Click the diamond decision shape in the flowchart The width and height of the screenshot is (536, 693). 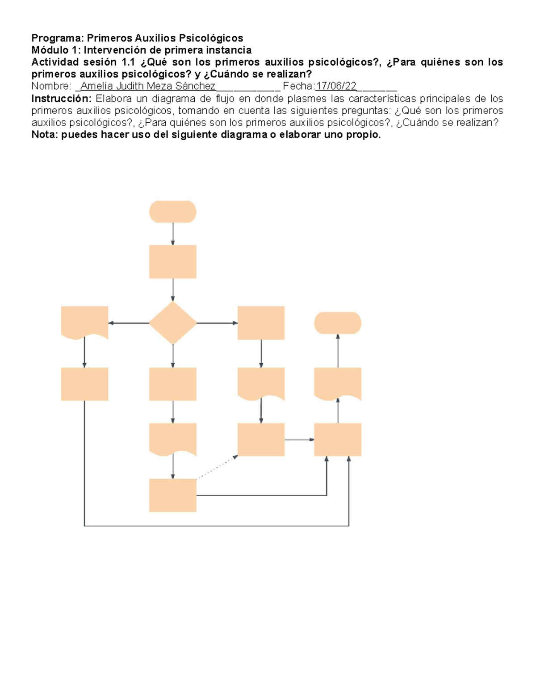173,323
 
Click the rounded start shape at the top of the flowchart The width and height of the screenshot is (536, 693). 173,212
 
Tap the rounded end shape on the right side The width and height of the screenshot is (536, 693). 338,323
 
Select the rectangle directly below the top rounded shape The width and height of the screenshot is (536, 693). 173,261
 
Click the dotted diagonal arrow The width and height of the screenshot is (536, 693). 217,467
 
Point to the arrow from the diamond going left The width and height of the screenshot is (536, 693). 129,323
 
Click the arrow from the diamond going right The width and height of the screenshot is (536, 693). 217,323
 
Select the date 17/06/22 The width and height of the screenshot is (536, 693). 336,86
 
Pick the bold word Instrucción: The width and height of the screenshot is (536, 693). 61,98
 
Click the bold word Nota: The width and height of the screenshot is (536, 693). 45,135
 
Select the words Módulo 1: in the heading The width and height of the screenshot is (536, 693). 56,50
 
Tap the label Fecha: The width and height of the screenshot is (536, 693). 299,86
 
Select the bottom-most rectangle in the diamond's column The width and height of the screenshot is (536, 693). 173,495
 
